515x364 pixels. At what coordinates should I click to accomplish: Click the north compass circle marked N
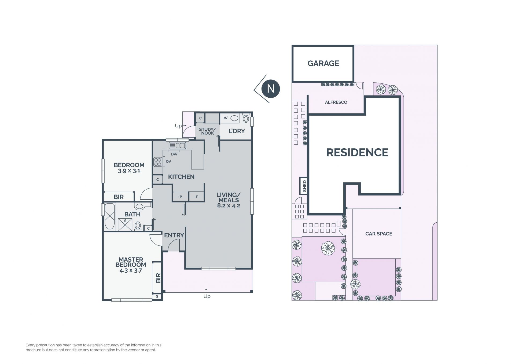point(271,89)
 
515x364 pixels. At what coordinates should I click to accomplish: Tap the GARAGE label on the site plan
point(323,63)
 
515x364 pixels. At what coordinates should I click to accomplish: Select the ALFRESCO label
point(336,102)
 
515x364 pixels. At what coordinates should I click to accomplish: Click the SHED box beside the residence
point(303,186)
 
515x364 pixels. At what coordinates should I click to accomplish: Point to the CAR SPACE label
point(379,234)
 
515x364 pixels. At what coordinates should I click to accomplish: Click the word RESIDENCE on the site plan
point(357,152)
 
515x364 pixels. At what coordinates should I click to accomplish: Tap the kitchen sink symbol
point(177,146)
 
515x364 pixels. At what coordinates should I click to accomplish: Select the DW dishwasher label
point(174,154)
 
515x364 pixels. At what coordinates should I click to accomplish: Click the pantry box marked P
point(181,197)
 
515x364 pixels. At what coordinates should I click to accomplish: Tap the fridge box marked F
point(197,197)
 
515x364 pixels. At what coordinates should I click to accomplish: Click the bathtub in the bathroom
point(110,216)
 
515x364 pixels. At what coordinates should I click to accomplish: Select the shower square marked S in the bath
point(125,225)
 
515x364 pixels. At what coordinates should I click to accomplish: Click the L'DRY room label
point(237,131)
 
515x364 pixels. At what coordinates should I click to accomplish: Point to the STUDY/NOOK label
point(207,131)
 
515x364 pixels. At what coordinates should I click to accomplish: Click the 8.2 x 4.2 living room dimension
point(229,206)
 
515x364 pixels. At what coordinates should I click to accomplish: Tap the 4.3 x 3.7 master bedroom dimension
point(131,270)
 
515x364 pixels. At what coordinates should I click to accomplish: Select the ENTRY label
point(174,235)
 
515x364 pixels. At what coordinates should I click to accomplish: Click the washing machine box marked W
point(230,118)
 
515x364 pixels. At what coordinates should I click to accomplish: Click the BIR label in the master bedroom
point(158,278)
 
